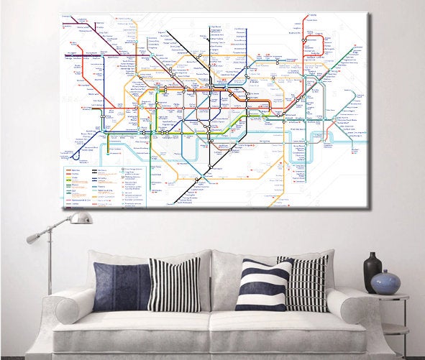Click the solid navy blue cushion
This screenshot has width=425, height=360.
(x=121, y=285)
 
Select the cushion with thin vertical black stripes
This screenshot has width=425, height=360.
(x=174, y=284)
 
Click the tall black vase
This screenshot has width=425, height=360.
(x=373, y=273)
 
